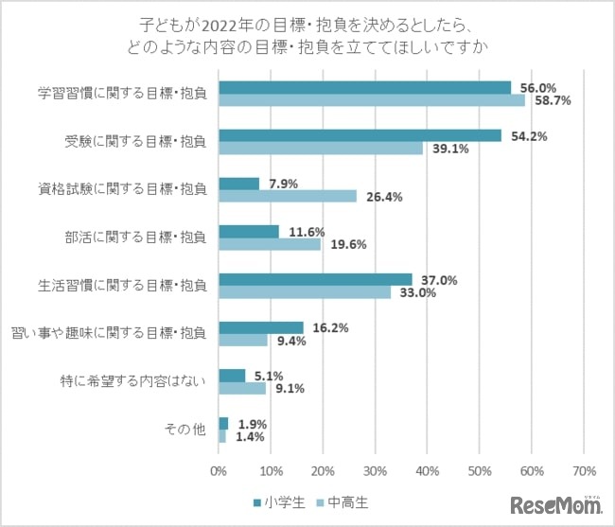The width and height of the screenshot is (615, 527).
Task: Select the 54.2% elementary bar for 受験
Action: pyautogui.click(x=360, y=135)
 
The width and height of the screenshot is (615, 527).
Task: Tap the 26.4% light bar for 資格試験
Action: pyautogui.click(x=288, y=196)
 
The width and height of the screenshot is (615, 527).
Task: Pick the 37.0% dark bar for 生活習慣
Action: pyautogui.click(x=315, y=279)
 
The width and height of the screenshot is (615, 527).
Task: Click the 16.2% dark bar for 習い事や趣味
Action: pyautogui.click(x=261, y=327)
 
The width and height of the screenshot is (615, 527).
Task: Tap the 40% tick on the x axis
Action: pyautogui.click(x=428, y=470)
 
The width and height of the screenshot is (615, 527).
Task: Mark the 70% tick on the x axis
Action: pyautogui.click(x=584, y=470)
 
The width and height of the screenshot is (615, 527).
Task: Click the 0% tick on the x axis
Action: pyautogui.click(x=220, y=470)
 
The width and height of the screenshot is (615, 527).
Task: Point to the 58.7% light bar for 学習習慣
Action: pyautogui.click(x=372, y=99)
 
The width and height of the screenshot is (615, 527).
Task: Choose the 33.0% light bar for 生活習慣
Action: pyautogui.click(x=305, y=292)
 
